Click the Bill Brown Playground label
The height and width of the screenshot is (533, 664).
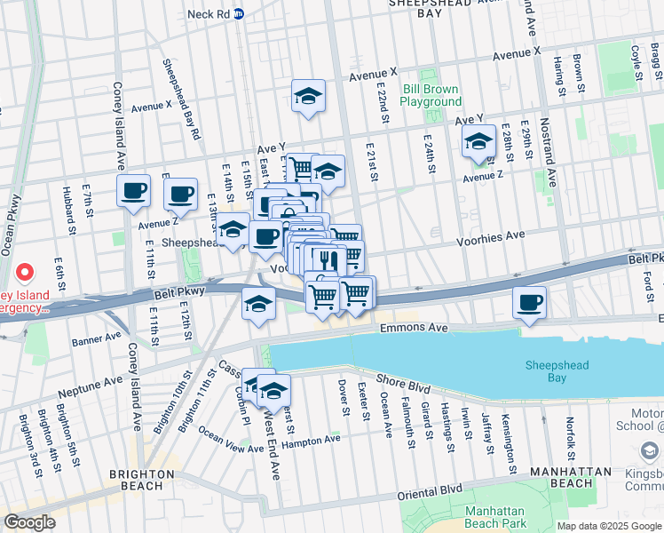click(431, 95)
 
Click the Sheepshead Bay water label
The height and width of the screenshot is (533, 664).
click(557, 371)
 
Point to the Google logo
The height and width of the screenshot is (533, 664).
click(30, 522)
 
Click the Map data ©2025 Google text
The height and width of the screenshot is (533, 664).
click(608, 526)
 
